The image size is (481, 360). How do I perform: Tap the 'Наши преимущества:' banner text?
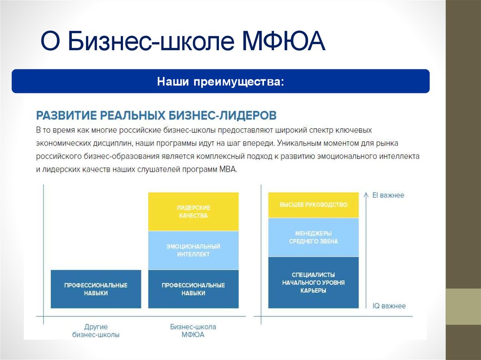[220, 82]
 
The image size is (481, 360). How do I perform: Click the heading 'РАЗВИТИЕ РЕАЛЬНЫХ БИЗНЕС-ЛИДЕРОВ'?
[156, 115]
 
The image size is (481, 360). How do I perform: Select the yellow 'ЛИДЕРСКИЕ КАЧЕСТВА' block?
[193, 211]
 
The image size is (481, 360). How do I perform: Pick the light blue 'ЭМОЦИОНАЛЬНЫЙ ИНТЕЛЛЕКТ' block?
[193, 250]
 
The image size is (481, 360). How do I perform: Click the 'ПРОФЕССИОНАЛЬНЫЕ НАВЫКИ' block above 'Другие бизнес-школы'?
[96, 289]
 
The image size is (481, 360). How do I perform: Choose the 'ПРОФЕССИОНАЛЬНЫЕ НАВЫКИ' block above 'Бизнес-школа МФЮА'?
[193, 289]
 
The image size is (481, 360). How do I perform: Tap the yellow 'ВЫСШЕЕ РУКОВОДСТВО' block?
[313, 205]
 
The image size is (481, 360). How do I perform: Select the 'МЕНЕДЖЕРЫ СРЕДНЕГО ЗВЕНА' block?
[313, 237]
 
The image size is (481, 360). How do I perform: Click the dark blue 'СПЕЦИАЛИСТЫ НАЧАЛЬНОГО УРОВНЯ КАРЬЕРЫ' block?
[313, 283]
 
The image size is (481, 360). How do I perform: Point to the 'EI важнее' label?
[388, 195]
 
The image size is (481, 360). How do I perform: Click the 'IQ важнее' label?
[389, 306]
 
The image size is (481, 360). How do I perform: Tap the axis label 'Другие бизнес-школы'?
[96, 330]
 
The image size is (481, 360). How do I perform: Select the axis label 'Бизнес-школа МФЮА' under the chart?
[193, 330]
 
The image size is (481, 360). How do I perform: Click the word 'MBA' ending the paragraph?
[228, 169]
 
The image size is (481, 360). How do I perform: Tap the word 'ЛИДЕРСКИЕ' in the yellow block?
[193, 207]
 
